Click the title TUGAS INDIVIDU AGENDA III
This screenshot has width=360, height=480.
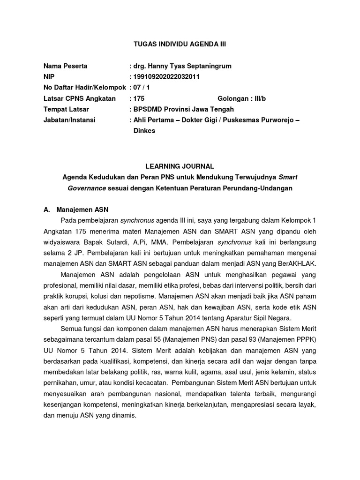click(x=180, y=44)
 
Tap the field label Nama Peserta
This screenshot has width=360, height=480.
click(x=65, y=66)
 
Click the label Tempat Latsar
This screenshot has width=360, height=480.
click(x=67, y=109)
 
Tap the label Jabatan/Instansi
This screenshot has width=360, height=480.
click(x=69, y=120)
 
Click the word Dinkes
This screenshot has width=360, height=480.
click(x=144, y=131)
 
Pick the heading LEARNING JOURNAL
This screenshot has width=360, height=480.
click(x=180, y=166)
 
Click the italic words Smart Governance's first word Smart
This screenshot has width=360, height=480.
click(x=288, y=177)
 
